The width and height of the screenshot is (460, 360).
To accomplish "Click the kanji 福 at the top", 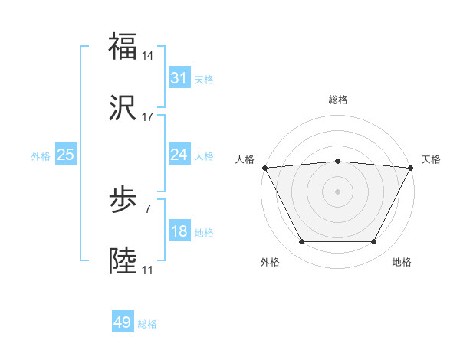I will pyautogui.click(x=123, y=46).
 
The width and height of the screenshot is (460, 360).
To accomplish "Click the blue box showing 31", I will pyautogui.click(x=179, y=78).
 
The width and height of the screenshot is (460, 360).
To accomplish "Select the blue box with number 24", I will pyautogui.click(x=179, y=155).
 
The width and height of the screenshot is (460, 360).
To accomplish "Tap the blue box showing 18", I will pyautogui.click(x=179, y=231).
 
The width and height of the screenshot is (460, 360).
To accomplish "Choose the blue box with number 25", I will pyautogui.click(x=65, y=155).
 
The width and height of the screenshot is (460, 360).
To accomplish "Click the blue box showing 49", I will pyautogui.click(x=122, y=322).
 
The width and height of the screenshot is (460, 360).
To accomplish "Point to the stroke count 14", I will pyautogui.click(x=148, y=56).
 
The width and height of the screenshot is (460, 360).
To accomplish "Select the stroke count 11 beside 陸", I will pyautogui.click(x=147, y=270).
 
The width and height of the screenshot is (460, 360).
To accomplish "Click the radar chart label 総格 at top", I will pyautogui.click(x=338, y=100).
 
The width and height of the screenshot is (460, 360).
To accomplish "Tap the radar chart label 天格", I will pyautogui.click(x=431, y=159).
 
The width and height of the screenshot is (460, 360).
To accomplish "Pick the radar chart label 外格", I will pyautogui.click(x=270, y=262).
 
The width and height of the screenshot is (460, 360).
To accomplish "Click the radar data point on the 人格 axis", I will pyautogui.click(x=264, y=167).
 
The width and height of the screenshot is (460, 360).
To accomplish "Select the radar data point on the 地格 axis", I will pyautogui.click(x=374, y=242).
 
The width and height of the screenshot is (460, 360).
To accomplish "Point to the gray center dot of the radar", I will pyautogui.click(x=338, y=191).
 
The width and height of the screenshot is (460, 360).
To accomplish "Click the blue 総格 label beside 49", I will pyautogui.click(x=147, y=324).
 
